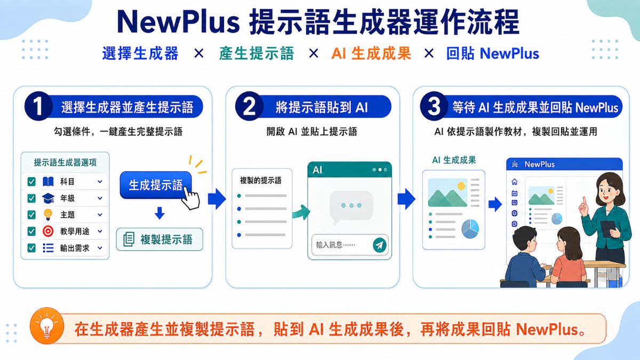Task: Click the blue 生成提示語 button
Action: [x=156, y=185]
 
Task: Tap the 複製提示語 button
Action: [x=159, y=239]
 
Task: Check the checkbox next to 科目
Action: [x=31, y=181]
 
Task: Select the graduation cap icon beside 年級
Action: [x=48, y=198]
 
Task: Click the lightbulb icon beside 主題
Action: [x=48, y=214]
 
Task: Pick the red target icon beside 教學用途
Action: [x=48, y=231]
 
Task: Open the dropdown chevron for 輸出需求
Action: [x=100, y=247]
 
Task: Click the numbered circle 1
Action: [x=38, y=106]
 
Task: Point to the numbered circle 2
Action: [x=249, y=106]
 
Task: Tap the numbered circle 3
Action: [x=434, y=106]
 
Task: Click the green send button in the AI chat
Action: [x=380, y=245]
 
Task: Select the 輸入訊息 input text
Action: [x=335, y=245]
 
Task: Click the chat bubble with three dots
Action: [x=351, y=206]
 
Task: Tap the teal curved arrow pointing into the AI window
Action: [x=301, y=213]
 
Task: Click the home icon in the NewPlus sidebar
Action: [x=514, y=182]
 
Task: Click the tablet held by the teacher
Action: [x=607, y=228]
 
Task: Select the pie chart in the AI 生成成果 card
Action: [x=470, y=229]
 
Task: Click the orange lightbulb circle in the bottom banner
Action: [x=47, y=326]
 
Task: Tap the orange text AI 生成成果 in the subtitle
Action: [x=371, y=53]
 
